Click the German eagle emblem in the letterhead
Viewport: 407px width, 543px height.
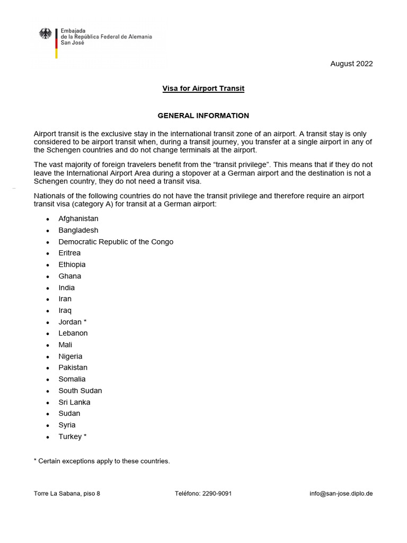[x=46, y=34]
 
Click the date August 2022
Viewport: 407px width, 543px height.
[x=351, y=64]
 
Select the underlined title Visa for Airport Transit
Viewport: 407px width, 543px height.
[x=203, y=89]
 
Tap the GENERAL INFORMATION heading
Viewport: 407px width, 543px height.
[x=203, y=116]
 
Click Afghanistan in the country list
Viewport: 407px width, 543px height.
[x=78, y=218]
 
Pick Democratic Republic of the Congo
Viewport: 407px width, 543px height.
[x=116, y=242]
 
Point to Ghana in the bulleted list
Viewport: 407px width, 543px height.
[x=70, y=276]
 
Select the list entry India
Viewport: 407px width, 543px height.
[x=67, y=288]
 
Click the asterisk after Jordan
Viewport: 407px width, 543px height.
[x=85, y=322]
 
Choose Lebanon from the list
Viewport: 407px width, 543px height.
[x=73, y=334]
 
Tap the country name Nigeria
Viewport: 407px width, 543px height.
[x=70, y=356]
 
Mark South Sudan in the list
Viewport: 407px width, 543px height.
[x=80, y=391]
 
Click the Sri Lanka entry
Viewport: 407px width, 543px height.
[x=74, y=402]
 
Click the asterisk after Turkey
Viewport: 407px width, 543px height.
[x=85, y=436]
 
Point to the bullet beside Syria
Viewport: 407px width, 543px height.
[x=48, y=425]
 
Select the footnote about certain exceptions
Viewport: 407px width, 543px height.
[x=102, y=461]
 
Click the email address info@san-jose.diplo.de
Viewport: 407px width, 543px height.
[x=341, y=493]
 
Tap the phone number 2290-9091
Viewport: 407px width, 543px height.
[x=216, y=493]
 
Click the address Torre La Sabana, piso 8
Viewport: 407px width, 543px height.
[x=67, y=493]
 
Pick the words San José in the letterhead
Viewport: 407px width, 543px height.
[x=73, y=43]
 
